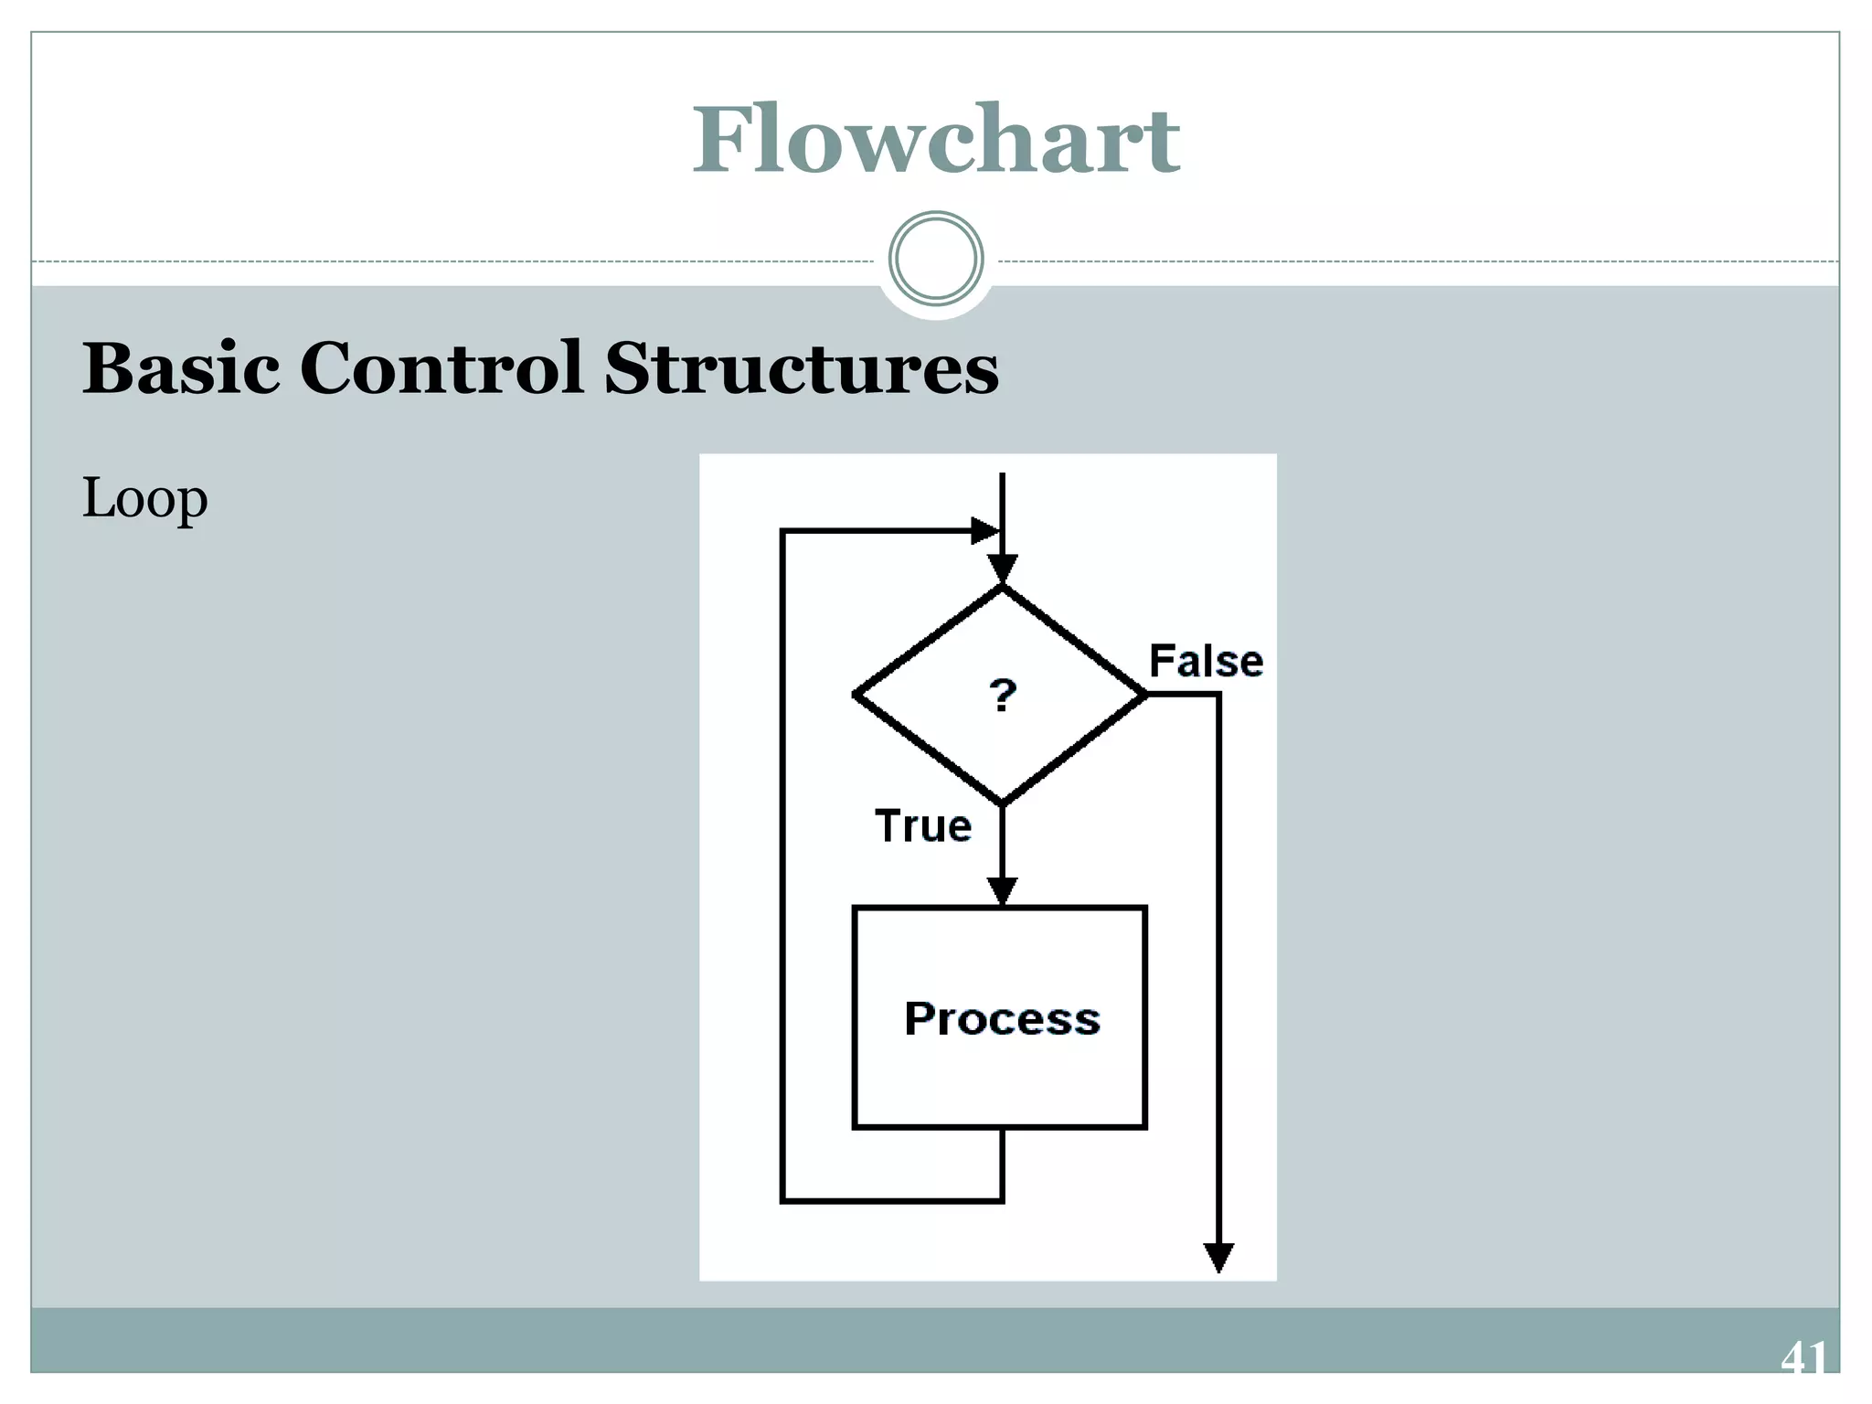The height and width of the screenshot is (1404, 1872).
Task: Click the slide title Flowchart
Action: (x=936, y=141)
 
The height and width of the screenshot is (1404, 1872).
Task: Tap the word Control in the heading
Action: (x=441, y=368)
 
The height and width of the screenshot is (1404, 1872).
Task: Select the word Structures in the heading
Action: (x=802, y=368)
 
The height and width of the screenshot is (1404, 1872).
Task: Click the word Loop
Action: (x=144, y=499)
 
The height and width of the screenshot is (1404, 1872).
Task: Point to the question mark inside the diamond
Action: (x=1003, y=696)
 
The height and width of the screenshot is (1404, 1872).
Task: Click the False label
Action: (x=1206, y=661)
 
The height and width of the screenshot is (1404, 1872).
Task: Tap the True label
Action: (x=923, y=826)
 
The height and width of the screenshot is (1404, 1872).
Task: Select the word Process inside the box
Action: (x=1002, y=1018)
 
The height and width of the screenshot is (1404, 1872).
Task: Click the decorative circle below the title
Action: (x=936, y=259)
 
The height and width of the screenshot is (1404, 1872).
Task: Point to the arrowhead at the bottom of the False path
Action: (x=1218, y=1258)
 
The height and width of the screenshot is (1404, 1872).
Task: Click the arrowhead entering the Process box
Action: (x=1003, y=890)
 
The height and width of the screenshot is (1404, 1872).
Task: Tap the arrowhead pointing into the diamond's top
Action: (x=1003, y=569)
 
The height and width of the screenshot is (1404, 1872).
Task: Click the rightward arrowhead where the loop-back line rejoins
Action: (x=984, y=530)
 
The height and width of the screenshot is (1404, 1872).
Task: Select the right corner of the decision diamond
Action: (x=1144, y=696)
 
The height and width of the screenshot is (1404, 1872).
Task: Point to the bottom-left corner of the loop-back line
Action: (x=783, y=1200)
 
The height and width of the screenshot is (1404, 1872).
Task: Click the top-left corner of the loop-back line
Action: (x=783, y=531)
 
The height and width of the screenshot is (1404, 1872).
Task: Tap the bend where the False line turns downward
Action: (x=1218, y=696)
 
